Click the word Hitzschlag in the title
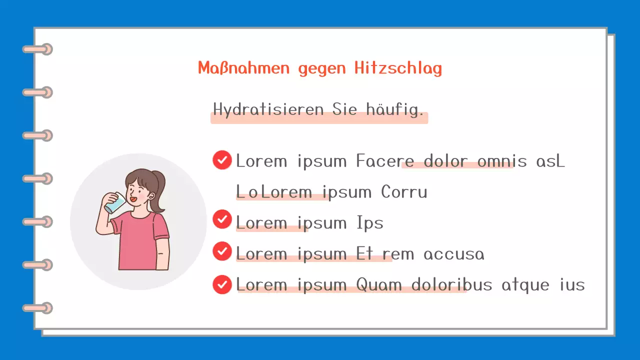click(x=398, y=68)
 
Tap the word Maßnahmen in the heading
click(x=243, y=68)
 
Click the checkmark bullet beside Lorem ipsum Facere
click(x=222, y=160)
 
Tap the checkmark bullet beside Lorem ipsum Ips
click(x=222, y=219)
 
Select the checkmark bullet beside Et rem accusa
click(x=222, y=251)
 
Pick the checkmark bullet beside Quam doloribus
click(x=222, y=284)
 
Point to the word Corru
click(x=404, y=192)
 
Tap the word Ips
click(x=370, y=223)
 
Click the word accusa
click(x=454, y=254)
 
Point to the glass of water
click(x=115, y=202)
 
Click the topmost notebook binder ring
click(x=37, y=49)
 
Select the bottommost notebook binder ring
click(x=37, y=308)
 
